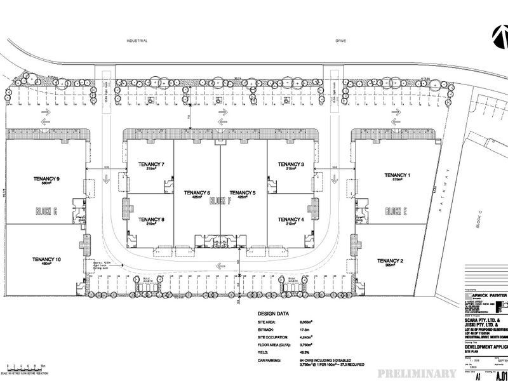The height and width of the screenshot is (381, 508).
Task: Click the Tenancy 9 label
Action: point(46,179)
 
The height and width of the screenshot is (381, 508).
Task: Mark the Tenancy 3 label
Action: point(291,164)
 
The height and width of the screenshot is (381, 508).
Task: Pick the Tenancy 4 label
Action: point(291,220)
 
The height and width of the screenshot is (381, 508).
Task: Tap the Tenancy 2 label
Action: point(390,261)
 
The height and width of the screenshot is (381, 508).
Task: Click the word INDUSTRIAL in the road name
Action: point(137,41)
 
